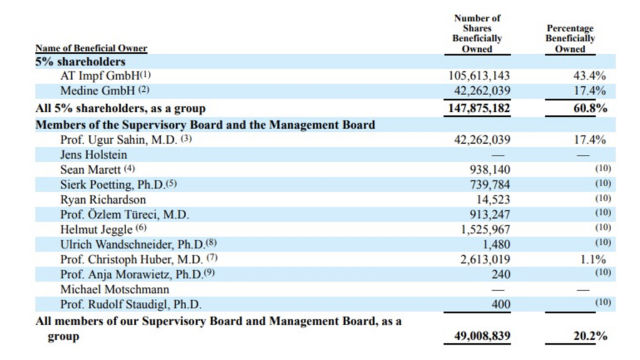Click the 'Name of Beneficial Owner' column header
(x=91, y=48)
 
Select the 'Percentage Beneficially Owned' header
(x=570, y=39)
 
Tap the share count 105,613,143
(x=479, y=76)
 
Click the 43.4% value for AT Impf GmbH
(x=589, y=76)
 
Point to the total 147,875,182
(x=479, y=108)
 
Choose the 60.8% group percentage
(x=589, y=108)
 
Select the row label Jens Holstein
(x=94, y=154)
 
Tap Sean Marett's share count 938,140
(x=489, y=169)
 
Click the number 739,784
(x=489, y=184)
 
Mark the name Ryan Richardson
(x=103, y=199)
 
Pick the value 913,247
(x=489, y=214)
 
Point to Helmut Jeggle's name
(x=96, y=229)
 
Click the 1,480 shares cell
(x=496, y=244)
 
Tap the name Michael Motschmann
(x=115, y=289)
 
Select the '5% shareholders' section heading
(x=81, y=61)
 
